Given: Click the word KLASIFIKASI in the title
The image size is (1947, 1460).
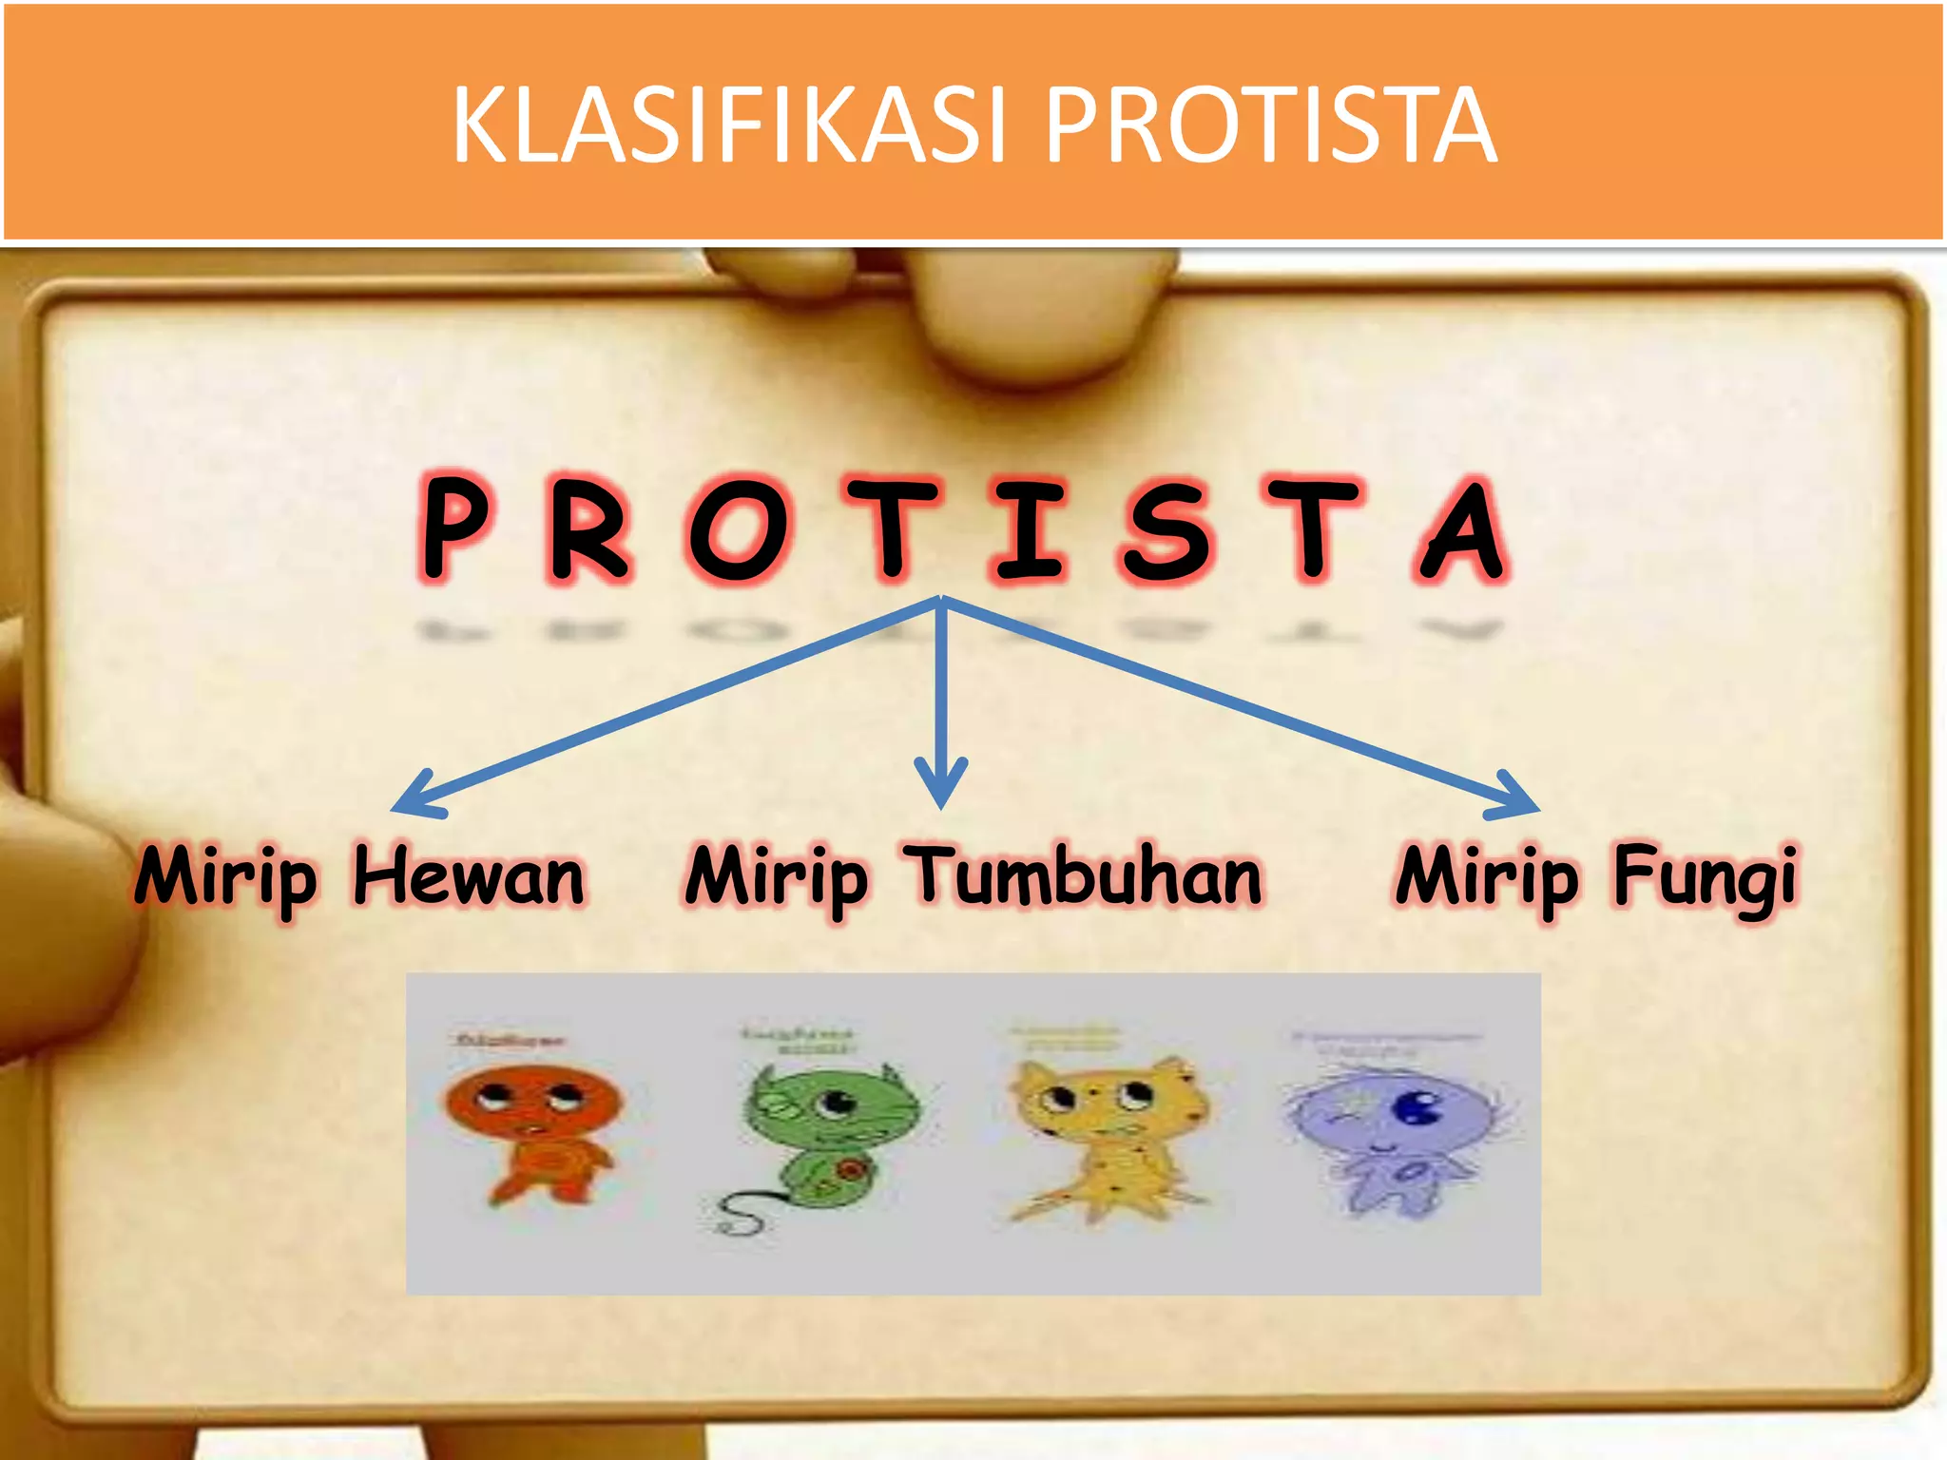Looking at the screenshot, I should click(x=728, y=125).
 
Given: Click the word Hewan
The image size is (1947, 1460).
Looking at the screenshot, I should click(x=469, y=876).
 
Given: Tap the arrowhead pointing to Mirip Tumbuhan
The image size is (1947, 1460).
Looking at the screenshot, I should click(x=941, y=785).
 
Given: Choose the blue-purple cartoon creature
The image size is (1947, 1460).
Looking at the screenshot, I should click(x=1393, y=1131).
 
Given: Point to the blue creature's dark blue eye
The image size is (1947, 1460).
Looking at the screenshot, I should click(x=1417, y=1107).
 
